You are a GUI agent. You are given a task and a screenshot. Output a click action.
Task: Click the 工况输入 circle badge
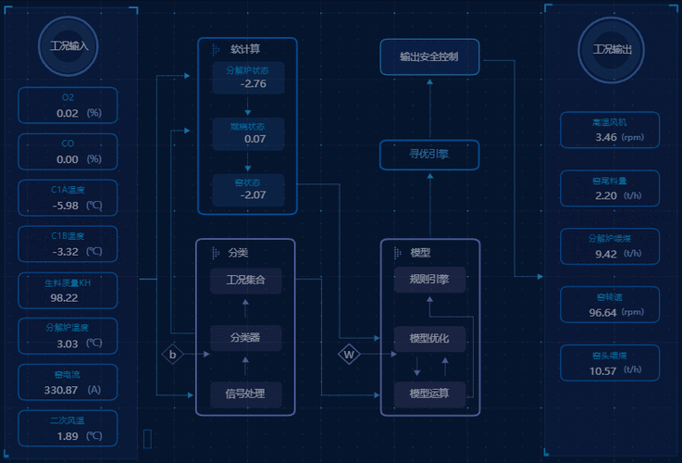click(x=69, y=45)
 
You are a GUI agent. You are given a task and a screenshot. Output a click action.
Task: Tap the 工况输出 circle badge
click(x=612, y=49)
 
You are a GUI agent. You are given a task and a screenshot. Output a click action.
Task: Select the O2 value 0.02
click(x=68, y=113)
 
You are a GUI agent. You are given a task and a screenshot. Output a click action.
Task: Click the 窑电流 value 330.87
click(x=61, y=390)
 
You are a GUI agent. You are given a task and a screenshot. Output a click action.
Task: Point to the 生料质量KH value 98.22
click(x=65, y=297)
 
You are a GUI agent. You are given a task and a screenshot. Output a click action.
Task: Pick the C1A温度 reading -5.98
click(x=66, y=206)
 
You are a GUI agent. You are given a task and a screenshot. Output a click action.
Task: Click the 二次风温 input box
click(x=68, y=429)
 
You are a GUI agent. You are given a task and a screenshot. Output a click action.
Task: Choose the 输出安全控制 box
click(x=429, y=56)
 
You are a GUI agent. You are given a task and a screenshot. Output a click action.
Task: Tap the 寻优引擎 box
click(x=429, y=155)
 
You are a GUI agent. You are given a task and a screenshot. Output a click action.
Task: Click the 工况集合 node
click(x=245, y=280)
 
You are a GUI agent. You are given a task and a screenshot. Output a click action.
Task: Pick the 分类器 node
click(x=245, y=337)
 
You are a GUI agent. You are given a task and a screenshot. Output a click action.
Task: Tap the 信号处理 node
click(x=245, y=394)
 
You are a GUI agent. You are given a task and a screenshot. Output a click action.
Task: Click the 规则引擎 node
click(x=429, y=280)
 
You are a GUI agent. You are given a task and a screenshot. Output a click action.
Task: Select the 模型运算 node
click(x=429, y=394)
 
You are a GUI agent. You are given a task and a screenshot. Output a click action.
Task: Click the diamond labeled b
click(x=172, y=354)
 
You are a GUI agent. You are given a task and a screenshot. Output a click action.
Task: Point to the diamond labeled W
click(x=349, y=354)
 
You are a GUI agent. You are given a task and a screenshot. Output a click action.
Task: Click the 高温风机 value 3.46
click(x=606, y=137)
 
